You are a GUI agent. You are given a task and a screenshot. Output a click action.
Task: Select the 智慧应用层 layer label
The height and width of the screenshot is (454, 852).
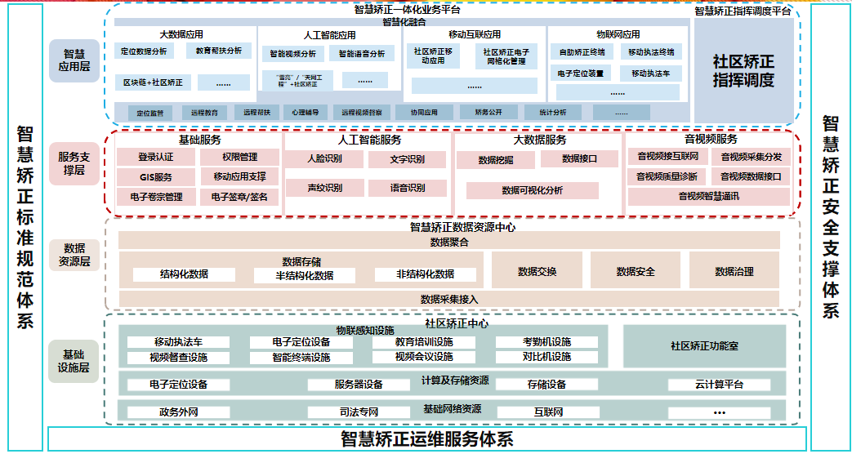[x=74, y=60]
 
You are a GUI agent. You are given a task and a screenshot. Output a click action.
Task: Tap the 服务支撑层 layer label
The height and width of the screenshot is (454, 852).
[x=74, y=162]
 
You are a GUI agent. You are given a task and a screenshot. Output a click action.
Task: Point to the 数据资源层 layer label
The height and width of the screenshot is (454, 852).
[x=74, y=255]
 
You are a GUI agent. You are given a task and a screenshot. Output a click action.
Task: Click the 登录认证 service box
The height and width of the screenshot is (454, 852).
[x=155, y=157]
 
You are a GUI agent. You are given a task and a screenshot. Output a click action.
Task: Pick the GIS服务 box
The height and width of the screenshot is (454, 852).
[x=155, y=177]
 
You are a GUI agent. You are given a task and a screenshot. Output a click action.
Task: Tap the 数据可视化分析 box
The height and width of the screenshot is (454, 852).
[x=532, y=190]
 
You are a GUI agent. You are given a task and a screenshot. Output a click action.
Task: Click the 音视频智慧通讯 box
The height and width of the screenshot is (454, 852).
[x=708, y=196]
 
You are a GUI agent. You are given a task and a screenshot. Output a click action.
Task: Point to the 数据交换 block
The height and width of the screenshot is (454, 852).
[x=537, y=271]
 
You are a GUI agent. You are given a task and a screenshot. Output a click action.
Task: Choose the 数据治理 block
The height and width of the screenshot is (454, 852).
[x=734, y=271]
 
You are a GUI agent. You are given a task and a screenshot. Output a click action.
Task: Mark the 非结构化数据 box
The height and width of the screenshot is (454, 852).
[x=425, y=274]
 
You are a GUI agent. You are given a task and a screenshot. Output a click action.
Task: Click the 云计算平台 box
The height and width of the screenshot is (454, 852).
[x=719, y=385]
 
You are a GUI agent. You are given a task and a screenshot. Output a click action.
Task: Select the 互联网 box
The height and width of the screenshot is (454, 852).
[x=548, y=412]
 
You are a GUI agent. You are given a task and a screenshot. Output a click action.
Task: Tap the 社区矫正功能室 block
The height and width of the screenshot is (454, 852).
[x=704, y=345]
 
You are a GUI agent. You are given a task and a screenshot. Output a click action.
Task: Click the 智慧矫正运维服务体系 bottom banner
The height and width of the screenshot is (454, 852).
[x=426, y=438]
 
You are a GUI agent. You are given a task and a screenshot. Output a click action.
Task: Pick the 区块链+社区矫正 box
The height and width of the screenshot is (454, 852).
[x=153, y=82]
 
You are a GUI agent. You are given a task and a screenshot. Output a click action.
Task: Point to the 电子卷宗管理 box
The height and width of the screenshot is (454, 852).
[x=155, y=197]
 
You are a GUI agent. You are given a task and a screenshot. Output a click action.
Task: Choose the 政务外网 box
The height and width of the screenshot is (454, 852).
[x=178, y=412]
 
